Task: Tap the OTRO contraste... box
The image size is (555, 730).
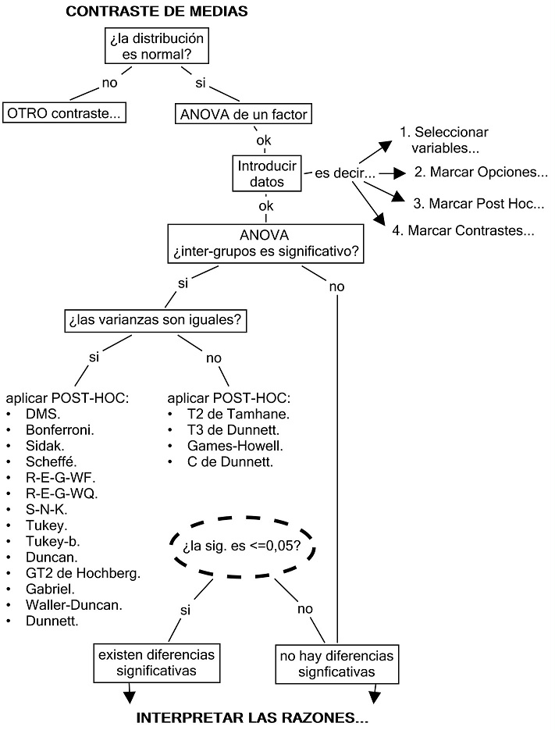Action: [x=65, y=113]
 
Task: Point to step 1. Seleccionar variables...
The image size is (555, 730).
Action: [x=454, y=139]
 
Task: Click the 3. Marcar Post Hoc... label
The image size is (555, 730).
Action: [x=479, y=203]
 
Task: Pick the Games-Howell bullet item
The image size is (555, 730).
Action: [x=224, y=446]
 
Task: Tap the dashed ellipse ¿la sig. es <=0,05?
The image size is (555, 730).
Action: [x=241, y=546]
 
